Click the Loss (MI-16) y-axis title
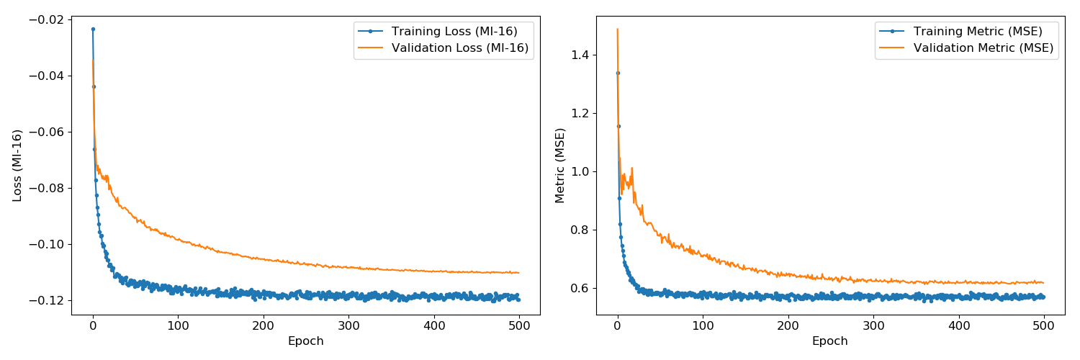point(17,165)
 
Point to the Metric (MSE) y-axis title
point(559,165)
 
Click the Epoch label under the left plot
point(306,341)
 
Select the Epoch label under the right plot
point(830,341)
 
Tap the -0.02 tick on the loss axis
point(48,19)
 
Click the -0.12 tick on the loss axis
point(48,300)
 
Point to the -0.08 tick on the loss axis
point(48,188)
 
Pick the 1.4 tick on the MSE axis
point(580,55)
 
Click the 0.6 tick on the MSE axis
point(580,288)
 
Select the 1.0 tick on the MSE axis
point(580,171)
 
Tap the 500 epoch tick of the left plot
point(519,325)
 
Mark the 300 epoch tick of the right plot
point(873,325)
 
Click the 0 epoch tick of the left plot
point(93,325)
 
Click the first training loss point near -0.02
point(93,30)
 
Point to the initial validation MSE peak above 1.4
point(617,29)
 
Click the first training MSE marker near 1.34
point(617,73)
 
